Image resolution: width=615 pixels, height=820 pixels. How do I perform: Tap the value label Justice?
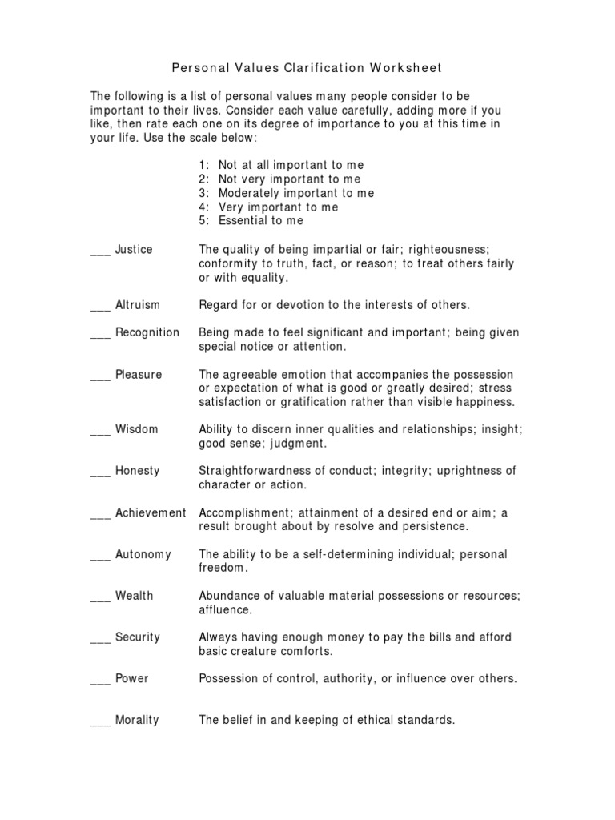coord(134,249)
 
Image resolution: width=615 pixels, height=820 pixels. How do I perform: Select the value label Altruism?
coord(138,304)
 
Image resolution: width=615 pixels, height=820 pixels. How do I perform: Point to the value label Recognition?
coord(147,332)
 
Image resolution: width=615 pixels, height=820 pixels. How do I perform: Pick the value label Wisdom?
coord(137,429)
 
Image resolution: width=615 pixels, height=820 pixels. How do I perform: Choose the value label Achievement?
coord(151,512)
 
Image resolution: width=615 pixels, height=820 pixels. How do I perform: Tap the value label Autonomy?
coord(143,554)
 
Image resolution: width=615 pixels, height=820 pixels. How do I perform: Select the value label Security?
coord(138,637)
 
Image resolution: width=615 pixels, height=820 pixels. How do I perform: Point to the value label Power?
coord(132,678)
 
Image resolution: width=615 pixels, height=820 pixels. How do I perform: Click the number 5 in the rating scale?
coord(203,220)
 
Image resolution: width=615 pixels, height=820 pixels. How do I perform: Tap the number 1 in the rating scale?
coord(203,165)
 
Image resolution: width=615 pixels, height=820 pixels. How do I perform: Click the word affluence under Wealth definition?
coord(225,610)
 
